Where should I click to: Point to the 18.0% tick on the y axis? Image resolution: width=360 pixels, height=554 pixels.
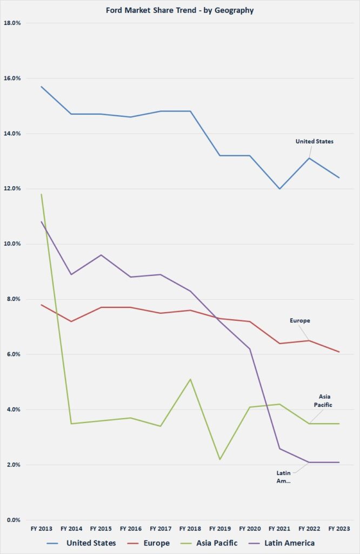coord(12,23)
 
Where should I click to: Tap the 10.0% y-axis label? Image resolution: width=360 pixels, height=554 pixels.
coord(12,244)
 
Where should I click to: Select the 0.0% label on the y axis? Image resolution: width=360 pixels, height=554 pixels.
coord(14,520)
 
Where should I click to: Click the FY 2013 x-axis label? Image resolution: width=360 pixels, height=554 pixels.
coord(42,529)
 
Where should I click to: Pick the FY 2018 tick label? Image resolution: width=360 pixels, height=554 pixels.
coord(190,529)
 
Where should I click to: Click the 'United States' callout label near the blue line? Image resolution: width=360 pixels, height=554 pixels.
coord(314,142)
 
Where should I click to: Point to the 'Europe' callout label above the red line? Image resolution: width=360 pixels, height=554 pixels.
coord(300,321)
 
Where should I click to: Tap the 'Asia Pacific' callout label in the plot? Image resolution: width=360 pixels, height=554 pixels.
coord(325,400)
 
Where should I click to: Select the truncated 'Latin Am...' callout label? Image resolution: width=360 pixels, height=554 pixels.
coord(283,477)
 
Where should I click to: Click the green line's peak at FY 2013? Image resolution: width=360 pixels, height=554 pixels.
coord(42,194)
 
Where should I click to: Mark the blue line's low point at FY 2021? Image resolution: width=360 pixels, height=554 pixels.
coord(280,189)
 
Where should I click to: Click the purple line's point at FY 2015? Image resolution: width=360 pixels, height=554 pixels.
coord(101,255)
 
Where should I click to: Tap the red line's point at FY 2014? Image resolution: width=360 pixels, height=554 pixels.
coord(71,321)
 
